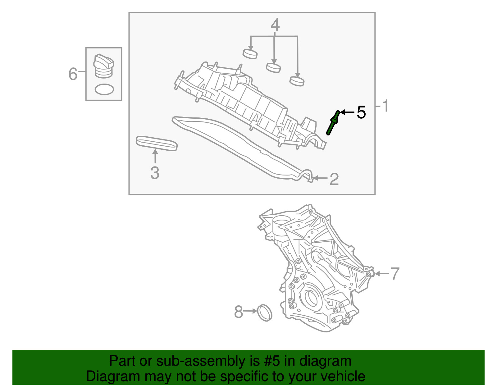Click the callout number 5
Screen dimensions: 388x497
(361, 112)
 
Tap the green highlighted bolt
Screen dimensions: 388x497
(333, 123)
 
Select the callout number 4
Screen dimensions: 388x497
(275, 25)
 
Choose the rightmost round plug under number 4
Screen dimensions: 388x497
(297, 81)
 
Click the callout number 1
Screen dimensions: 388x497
(385, 106)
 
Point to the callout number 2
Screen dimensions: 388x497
(334, 179)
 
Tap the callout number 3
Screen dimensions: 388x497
(155, 173)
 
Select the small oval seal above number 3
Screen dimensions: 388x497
(157, 143)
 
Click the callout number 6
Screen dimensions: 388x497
(73, 74)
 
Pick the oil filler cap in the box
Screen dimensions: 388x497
(103, 66)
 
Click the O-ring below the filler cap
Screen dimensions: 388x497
(104, 89)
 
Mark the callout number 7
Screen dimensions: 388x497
(394, 274)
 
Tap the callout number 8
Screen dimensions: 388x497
(238, 312)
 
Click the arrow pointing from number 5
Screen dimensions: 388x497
(347, 112)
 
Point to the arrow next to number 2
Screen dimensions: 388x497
(321, 178)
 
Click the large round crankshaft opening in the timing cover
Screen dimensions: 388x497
(311, 297)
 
